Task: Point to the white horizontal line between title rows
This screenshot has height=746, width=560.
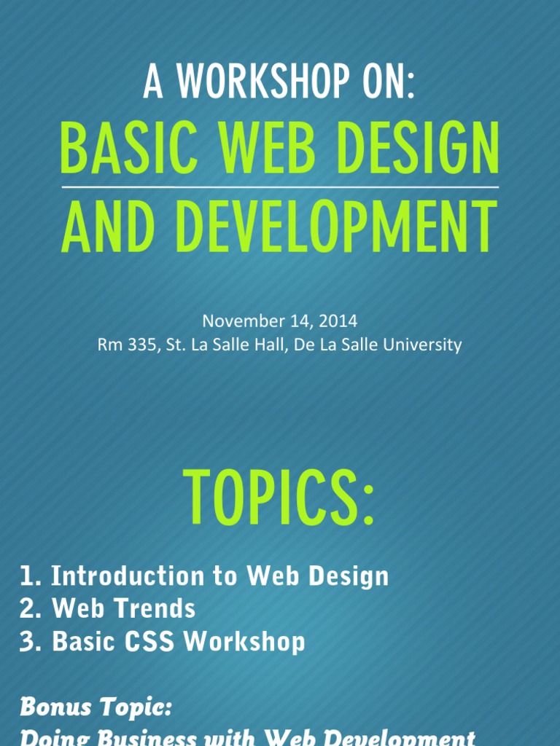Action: (280, 187)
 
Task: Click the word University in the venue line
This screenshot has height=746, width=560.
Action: (427, 345)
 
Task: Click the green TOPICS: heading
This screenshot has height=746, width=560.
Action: (280, 497)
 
